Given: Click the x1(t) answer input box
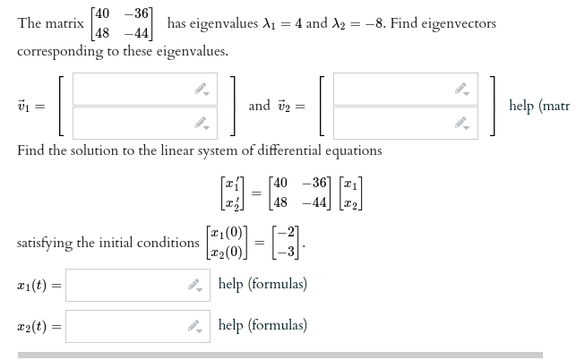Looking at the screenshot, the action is pos(125,285).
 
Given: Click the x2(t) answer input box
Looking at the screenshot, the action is pos(125,325).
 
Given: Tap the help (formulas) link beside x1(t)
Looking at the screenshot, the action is pos(262,285).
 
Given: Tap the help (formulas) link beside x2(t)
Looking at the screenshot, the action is pos(262,325).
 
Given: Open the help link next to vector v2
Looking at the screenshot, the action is pos(538,106).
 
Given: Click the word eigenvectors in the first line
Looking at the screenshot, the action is pos(456,23).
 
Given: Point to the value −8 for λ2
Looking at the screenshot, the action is pos(365,23).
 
